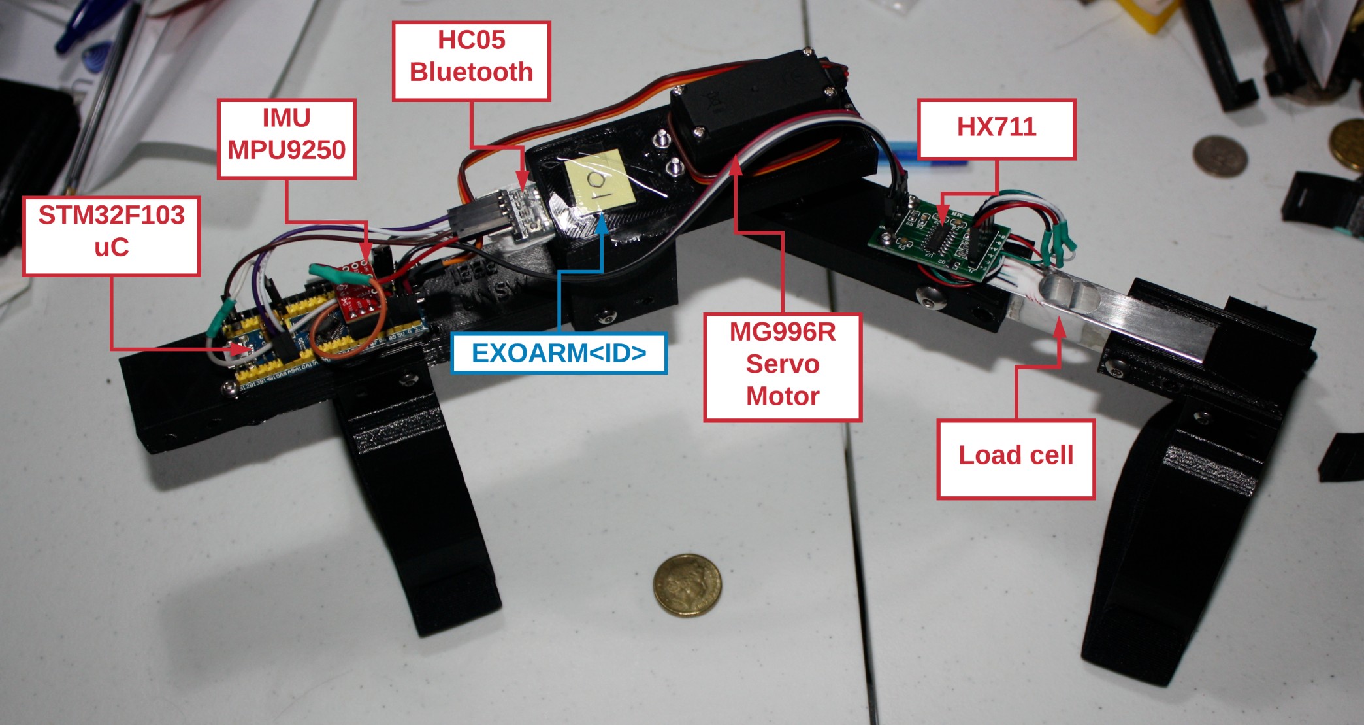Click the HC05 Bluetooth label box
(471, 61)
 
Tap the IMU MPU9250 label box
(286, 139)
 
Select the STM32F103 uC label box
(111, 235)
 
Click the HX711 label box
(996, 129)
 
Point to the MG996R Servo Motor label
(783, 367)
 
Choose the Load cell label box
(1016, 460)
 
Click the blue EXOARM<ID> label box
(559, 353)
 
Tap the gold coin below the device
(687, 584)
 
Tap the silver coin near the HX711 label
(1219, 156)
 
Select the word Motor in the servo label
(783, 396)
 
